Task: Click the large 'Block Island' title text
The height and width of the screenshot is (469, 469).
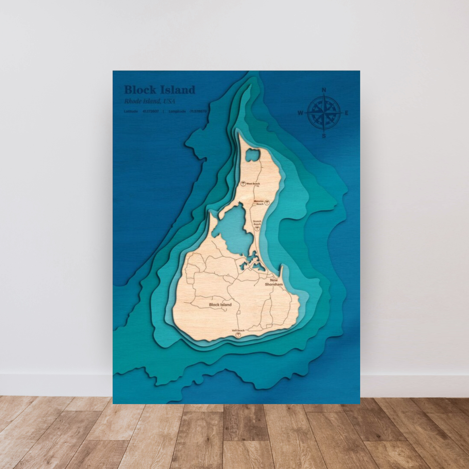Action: point(160,90)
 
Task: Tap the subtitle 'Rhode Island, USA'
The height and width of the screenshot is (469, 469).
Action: point(150,101)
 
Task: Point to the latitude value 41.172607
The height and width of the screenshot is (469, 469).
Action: point(151,111)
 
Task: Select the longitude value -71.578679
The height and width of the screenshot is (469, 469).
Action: point(198,111)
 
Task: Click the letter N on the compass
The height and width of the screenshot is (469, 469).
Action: point(324,90)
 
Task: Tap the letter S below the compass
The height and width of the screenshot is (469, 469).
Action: point(324,136)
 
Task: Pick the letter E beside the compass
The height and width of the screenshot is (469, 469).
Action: point(346,113)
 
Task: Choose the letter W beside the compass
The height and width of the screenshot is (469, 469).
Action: point(301,113)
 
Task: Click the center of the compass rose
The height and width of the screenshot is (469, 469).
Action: point(324,113)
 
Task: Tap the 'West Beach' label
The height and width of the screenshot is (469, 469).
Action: point(253,184)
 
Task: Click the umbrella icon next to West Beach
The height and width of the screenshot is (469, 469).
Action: point(243,184)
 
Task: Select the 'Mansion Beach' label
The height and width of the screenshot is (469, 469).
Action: point(259,203)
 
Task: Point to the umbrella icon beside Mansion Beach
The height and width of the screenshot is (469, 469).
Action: point(267,203)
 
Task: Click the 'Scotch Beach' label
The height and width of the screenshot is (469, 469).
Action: point(257,223)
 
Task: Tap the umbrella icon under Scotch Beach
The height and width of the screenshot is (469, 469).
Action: point(257,228)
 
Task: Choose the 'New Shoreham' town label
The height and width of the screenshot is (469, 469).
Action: point(274,282)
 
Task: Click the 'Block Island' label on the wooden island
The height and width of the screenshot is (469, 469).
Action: point(220,305)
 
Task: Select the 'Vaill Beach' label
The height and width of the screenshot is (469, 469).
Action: point(238,330)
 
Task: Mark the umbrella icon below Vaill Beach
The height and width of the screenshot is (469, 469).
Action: point(238,335)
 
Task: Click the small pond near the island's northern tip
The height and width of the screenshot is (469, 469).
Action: point(253,155)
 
